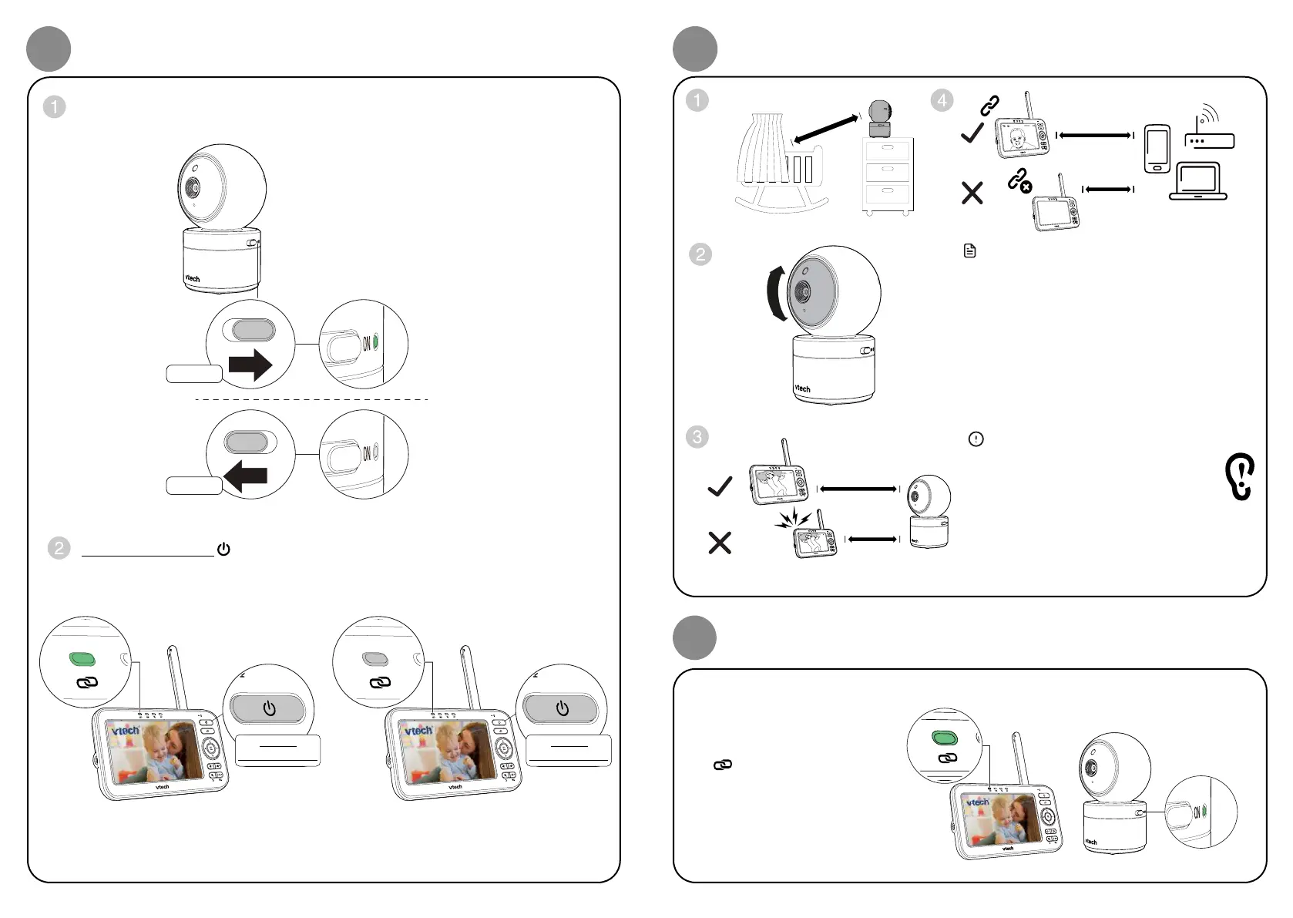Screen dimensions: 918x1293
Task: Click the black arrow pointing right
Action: [251, 365]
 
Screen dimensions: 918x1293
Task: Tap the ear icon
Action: [1240, 476]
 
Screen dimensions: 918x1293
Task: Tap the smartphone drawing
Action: [1157, 149]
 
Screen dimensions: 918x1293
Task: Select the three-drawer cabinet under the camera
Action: [887, 175]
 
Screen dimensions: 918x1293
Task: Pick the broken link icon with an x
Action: [1019, 181]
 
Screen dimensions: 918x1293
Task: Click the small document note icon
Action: [970, 251]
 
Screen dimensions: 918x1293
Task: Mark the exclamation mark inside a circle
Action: [976, 439]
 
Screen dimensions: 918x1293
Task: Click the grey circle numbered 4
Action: [942, 100]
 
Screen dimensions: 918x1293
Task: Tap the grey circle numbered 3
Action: [697, 437]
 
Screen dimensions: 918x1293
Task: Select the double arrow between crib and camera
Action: [826, 129]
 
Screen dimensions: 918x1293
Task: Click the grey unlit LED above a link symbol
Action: [374, 659]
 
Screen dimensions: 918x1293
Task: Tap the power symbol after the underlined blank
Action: [223, 550]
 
